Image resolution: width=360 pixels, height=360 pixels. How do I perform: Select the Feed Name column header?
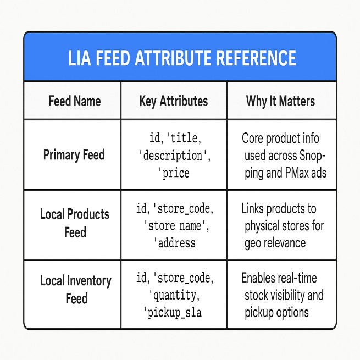[x=75, y=101]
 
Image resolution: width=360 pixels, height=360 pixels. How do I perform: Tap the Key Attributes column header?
[x=174, y=101]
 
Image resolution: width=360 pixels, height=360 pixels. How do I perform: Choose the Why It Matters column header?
[x=281, y=101]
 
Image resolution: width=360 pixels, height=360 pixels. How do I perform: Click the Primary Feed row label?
[x=74, y=154]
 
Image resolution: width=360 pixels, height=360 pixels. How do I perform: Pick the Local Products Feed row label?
[x=75, y=223]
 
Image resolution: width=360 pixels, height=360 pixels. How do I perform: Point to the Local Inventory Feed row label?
[x=75, y=289]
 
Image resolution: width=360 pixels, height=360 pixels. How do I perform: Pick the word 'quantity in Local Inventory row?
[x=174, y=296]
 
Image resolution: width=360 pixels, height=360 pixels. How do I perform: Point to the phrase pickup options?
[x=277, y=312]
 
